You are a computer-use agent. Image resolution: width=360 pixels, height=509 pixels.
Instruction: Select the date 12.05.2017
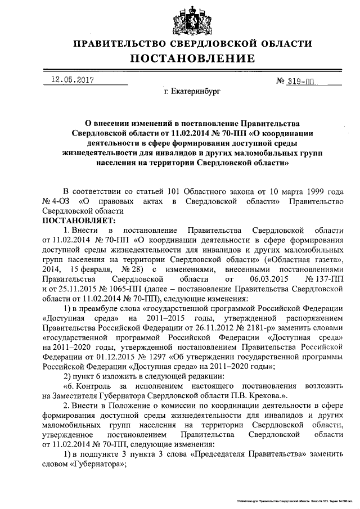[70, 80]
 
